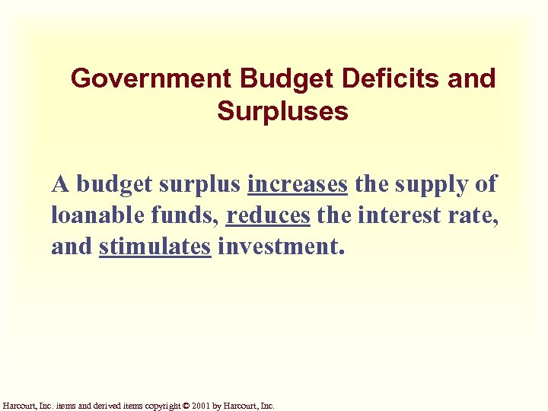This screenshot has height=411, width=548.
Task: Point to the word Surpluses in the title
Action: [282, 112]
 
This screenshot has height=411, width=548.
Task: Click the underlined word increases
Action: [298, 183]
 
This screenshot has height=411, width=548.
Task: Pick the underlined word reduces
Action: [268, 215]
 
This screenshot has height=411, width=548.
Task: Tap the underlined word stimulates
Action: [155, 247]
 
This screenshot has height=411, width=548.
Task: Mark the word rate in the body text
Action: [476, 215]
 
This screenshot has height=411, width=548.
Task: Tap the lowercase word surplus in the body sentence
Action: [200, 185]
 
